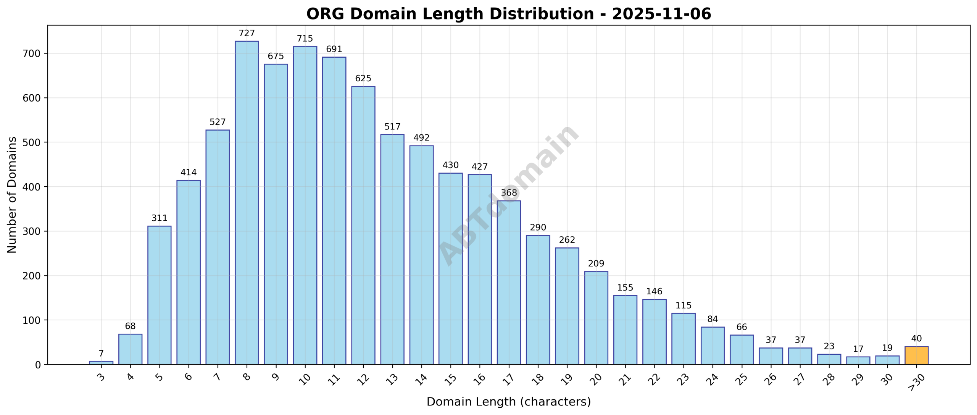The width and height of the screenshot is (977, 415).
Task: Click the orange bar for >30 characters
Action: pos(916,355)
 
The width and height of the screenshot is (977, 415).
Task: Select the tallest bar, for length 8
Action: pos(247,202)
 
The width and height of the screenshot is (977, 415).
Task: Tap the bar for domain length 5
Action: pos(159,295)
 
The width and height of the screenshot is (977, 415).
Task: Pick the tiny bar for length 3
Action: pos(101,362)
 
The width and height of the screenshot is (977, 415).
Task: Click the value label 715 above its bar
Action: pos(305,39)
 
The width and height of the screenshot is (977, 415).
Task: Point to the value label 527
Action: pos(218,122)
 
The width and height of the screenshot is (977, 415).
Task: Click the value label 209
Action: pos(596,263)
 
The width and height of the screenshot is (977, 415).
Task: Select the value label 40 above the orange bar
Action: pos(916,339)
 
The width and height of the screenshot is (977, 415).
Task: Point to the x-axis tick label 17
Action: pos(508,379)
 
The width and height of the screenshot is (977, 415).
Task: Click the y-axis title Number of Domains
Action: pos(12,195)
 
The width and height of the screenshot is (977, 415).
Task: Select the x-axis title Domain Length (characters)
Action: pos(508,402)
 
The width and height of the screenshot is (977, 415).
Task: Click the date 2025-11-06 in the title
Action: pos(661,14)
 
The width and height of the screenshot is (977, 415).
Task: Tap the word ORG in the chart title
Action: pos(325,14)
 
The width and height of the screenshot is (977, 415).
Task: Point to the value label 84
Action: pos(712,319)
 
